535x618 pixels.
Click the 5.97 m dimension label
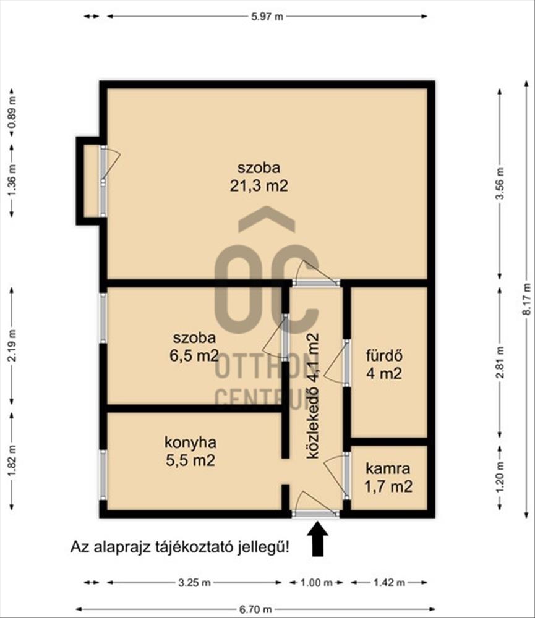pyautogui.click(x=267, y=17)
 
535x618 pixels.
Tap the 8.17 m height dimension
pyautogui.click(x=526, y=298)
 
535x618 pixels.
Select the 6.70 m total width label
pyautogui.click(x=255, y=609)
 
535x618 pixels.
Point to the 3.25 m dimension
pyautogui.click(x=194, y=583)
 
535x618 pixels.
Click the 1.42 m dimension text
pyautogui.click(x=389, y=583)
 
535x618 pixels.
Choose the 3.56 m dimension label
pyautogui.click(x=500, y=184)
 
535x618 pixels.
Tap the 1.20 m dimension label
pyautogui.click(x=500, y=476)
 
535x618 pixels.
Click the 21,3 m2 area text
pyautogui.click(x=259, y=185)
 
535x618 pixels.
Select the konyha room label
pyautogui.click(x=190, y=442)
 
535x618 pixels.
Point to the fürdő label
pyautogui.click(x=384, y=355)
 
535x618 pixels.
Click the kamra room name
pyautogui.click(x=388, y=469)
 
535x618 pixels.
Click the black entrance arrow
pyautogui.click(x=318, y=538)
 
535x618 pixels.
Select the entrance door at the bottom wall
pyautogui.click(x=315, y=504)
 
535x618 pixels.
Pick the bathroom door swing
pyautogui.click(x=336, y=362)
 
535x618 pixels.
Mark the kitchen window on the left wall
pyautogui.click(x=103, y=475)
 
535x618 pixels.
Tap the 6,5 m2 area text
pyautogui.click(x=194, y=355)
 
